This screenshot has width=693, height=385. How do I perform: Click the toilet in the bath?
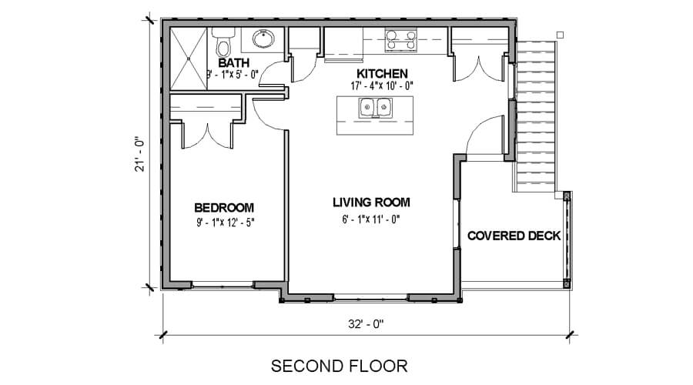click(223, 42)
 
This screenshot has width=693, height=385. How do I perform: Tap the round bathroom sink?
click(263, 38)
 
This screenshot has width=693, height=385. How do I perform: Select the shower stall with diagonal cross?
click(189, 59)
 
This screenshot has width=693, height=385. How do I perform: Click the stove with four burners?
click(401, 40)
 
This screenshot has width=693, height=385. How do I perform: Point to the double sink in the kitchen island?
click(375, 107)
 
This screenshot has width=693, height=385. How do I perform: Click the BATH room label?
click(234, 63)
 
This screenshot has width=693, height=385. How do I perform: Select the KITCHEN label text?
click(382, 73)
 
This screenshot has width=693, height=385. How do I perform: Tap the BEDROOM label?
click(224, 207)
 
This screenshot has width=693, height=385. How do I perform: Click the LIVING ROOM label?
click(371, 203)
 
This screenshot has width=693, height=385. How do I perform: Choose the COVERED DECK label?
click(514, 236)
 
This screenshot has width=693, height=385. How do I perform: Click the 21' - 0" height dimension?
click(140, 154)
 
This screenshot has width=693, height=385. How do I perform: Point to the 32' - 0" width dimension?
click(366, 324)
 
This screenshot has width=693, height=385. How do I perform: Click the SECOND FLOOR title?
click(340, 366)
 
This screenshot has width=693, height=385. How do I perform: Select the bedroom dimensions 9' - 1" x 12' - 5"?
click(226, 222)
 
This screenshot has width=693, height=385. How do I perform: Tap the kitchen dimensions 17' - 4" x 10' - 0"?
click(382, 85)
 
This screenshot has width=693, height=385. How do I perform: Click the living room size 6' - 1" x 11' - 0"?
click(371, 219)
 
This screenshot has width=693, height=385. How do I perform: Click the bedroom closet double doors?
click(206, 136)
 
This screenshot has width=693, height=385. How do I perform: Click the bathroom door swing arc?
click(267, 71)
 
